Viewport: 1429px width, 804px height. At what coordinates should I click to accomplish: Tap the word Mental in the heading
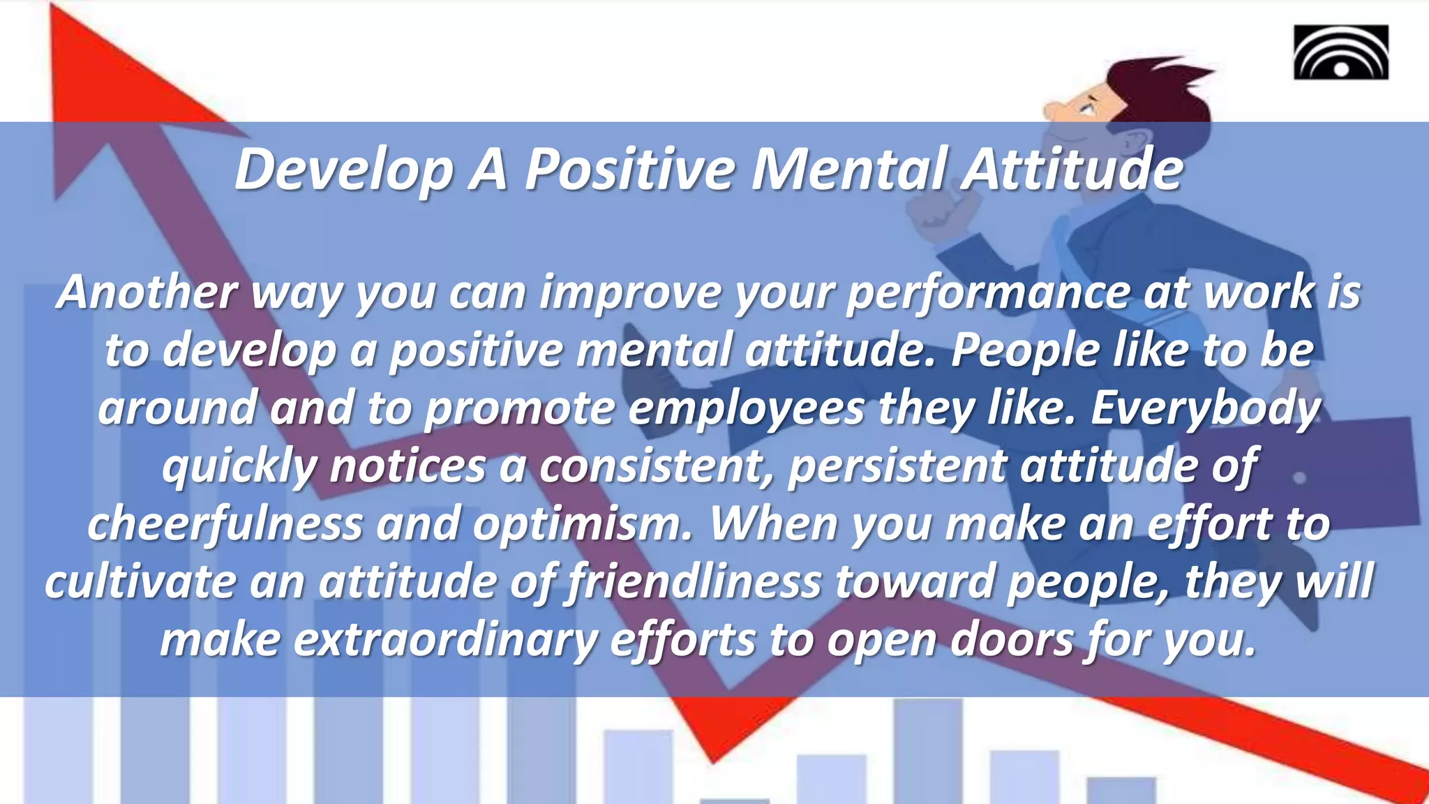click(x=848, y=170)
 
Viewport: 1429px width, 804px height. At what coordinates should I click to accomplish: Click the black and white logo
click(x=1340, y=52)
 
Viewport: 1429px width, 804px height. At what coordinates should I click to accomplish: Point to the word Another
click(x=147, y=292)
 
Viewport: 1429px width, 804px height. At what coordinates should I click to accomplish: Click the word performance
click(x=988, y=292)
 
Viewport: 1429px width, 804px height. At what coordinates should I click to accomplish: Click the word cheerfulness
click(x=225, y=524)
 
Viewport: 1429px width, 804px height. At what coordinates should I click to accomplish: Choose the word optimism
click(x=583, y=524)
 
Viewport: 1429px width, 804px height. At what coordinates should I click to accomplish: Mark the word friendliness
click(x=694, y=582)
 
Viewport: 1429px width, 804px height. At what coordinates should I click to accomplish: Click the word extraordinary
click(x=445, y=640)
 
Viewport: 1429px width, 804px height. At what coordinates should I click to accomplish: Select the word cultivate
click(x=140, y=582)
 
